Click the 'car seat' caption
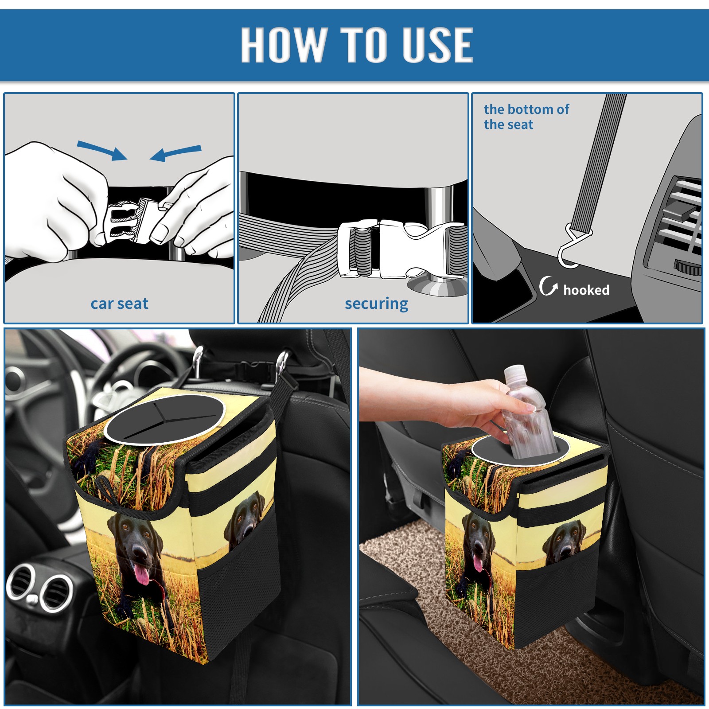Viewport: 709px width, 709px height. tap(119, 304)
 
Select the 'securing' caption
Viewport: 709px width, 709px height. tap(376, 304)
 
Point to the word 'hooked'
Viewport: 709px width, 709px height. tap(586, 290)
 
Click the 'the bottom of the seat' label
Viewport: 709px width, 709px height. tap(526, 117)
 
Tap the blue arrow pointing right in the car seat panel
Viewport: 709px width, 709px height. tap(102, 150)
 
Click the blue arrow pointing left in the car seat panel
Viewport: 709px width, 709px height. tap(176, 153)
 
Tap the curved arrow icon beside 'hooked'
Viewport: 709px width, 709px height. tap(548, 286)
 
